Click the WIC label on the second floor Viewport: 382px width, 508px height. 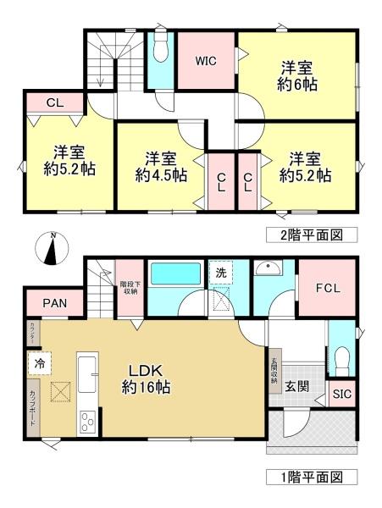(x=207, y=61)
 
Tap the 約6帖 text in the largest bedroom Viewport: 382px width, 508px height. (x=300, y=85)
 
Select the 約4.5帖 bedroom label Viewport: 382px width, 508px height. (x=159, y=175)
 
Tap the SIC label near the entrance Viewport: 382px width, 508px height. (x=342, y=394)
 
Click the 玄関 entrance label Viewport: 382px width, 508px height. (x=296, y=387)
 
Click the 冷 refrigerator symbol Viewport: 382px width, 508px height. (x=40, y=360)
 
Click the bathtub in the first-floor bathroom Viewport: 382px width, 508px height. (x=174, y=275)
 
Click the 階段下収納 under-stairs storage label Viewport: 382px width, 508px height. (x=130, y=288)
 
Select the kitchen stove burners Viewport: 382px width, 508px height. (x=88, y=421)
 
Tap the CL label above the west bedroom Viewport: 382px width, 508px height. (x=53, y=102)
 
